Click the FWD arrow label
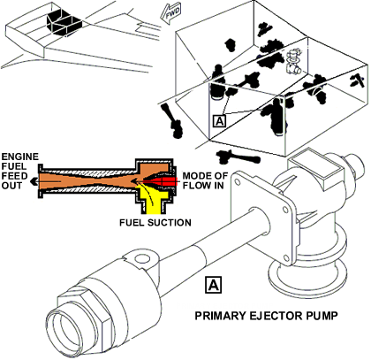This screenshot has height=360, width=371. [x=170, y=13]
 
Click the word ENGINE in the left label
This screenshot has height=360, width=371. [x=19, y=157]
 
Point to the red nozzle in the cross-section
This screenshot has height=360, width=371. [x=162, y=181]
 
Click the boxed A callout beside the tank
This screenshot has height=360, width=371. [x=219, y=121]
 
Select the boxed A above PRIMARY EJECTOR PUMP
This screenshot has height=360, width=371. [x=213, y=285]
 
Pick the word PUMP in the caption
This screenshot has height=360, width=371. [x=322, y=316]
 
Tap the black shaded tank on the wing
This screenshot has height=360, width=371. [x=64, y=23]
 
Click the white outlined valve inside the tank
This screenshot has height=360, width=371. [x=293, y=61]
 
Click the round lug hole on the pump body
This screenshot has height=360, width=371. [x=141, y=259]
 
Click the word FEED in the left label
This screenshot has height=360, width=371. [x=14, y=176]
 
